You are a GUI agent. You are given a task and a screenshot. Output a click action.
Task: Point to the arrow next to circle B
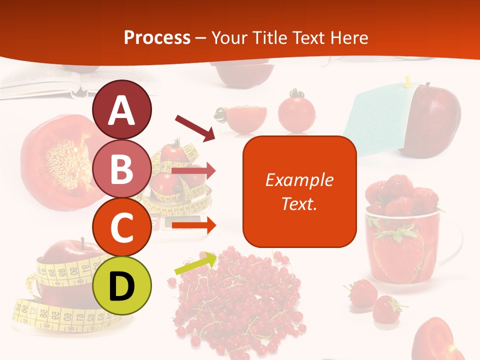(194, 171)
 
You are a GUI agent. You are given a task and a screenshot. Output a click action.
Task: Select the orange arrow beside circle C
(194, 225)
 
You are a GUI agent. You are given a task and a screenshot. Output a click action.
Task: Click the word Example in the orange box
(299, 180)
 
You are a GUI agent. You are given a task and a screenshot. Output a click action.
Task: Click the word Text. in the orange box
(299, 203)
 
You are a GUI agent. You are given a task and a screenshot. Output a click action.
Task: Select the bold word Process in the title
(157, 38)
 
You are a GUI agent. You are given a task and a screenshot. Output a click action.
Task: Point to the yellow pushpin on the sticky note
(407, 81)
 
